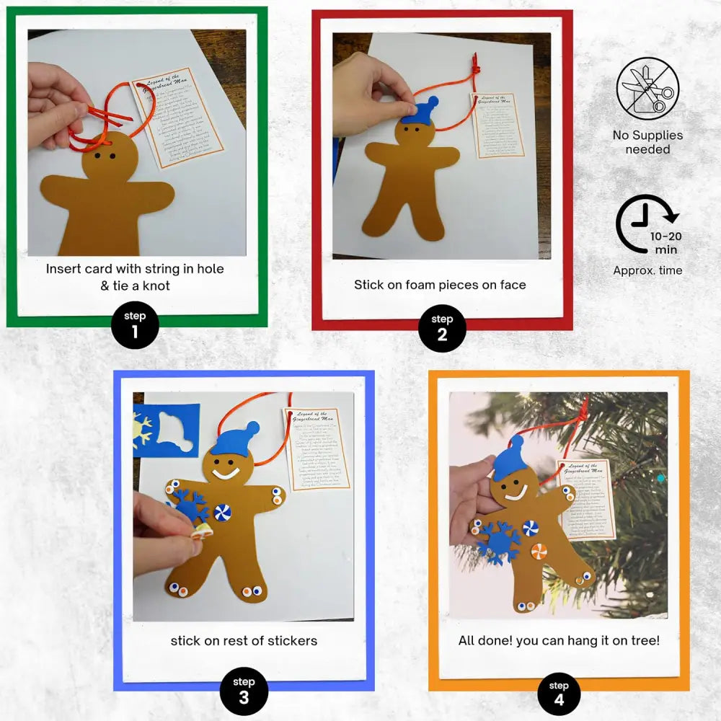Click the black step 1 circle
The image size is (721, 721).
coord(135,325)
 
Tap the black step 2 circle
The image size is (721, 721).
coord(442,328)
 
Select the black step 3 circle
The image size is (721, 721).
coord(244,690)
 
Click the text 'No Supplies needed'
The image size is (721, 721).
coord(647,142)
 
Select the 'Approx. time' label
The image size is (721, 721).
coord(647,270)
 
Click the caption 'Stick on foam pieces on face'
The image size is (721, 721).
coord(440,285)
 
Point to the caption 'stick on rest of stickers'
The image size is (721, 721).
coord(244,640)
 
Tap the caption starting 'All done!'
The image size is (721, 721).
coord(559,640)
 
